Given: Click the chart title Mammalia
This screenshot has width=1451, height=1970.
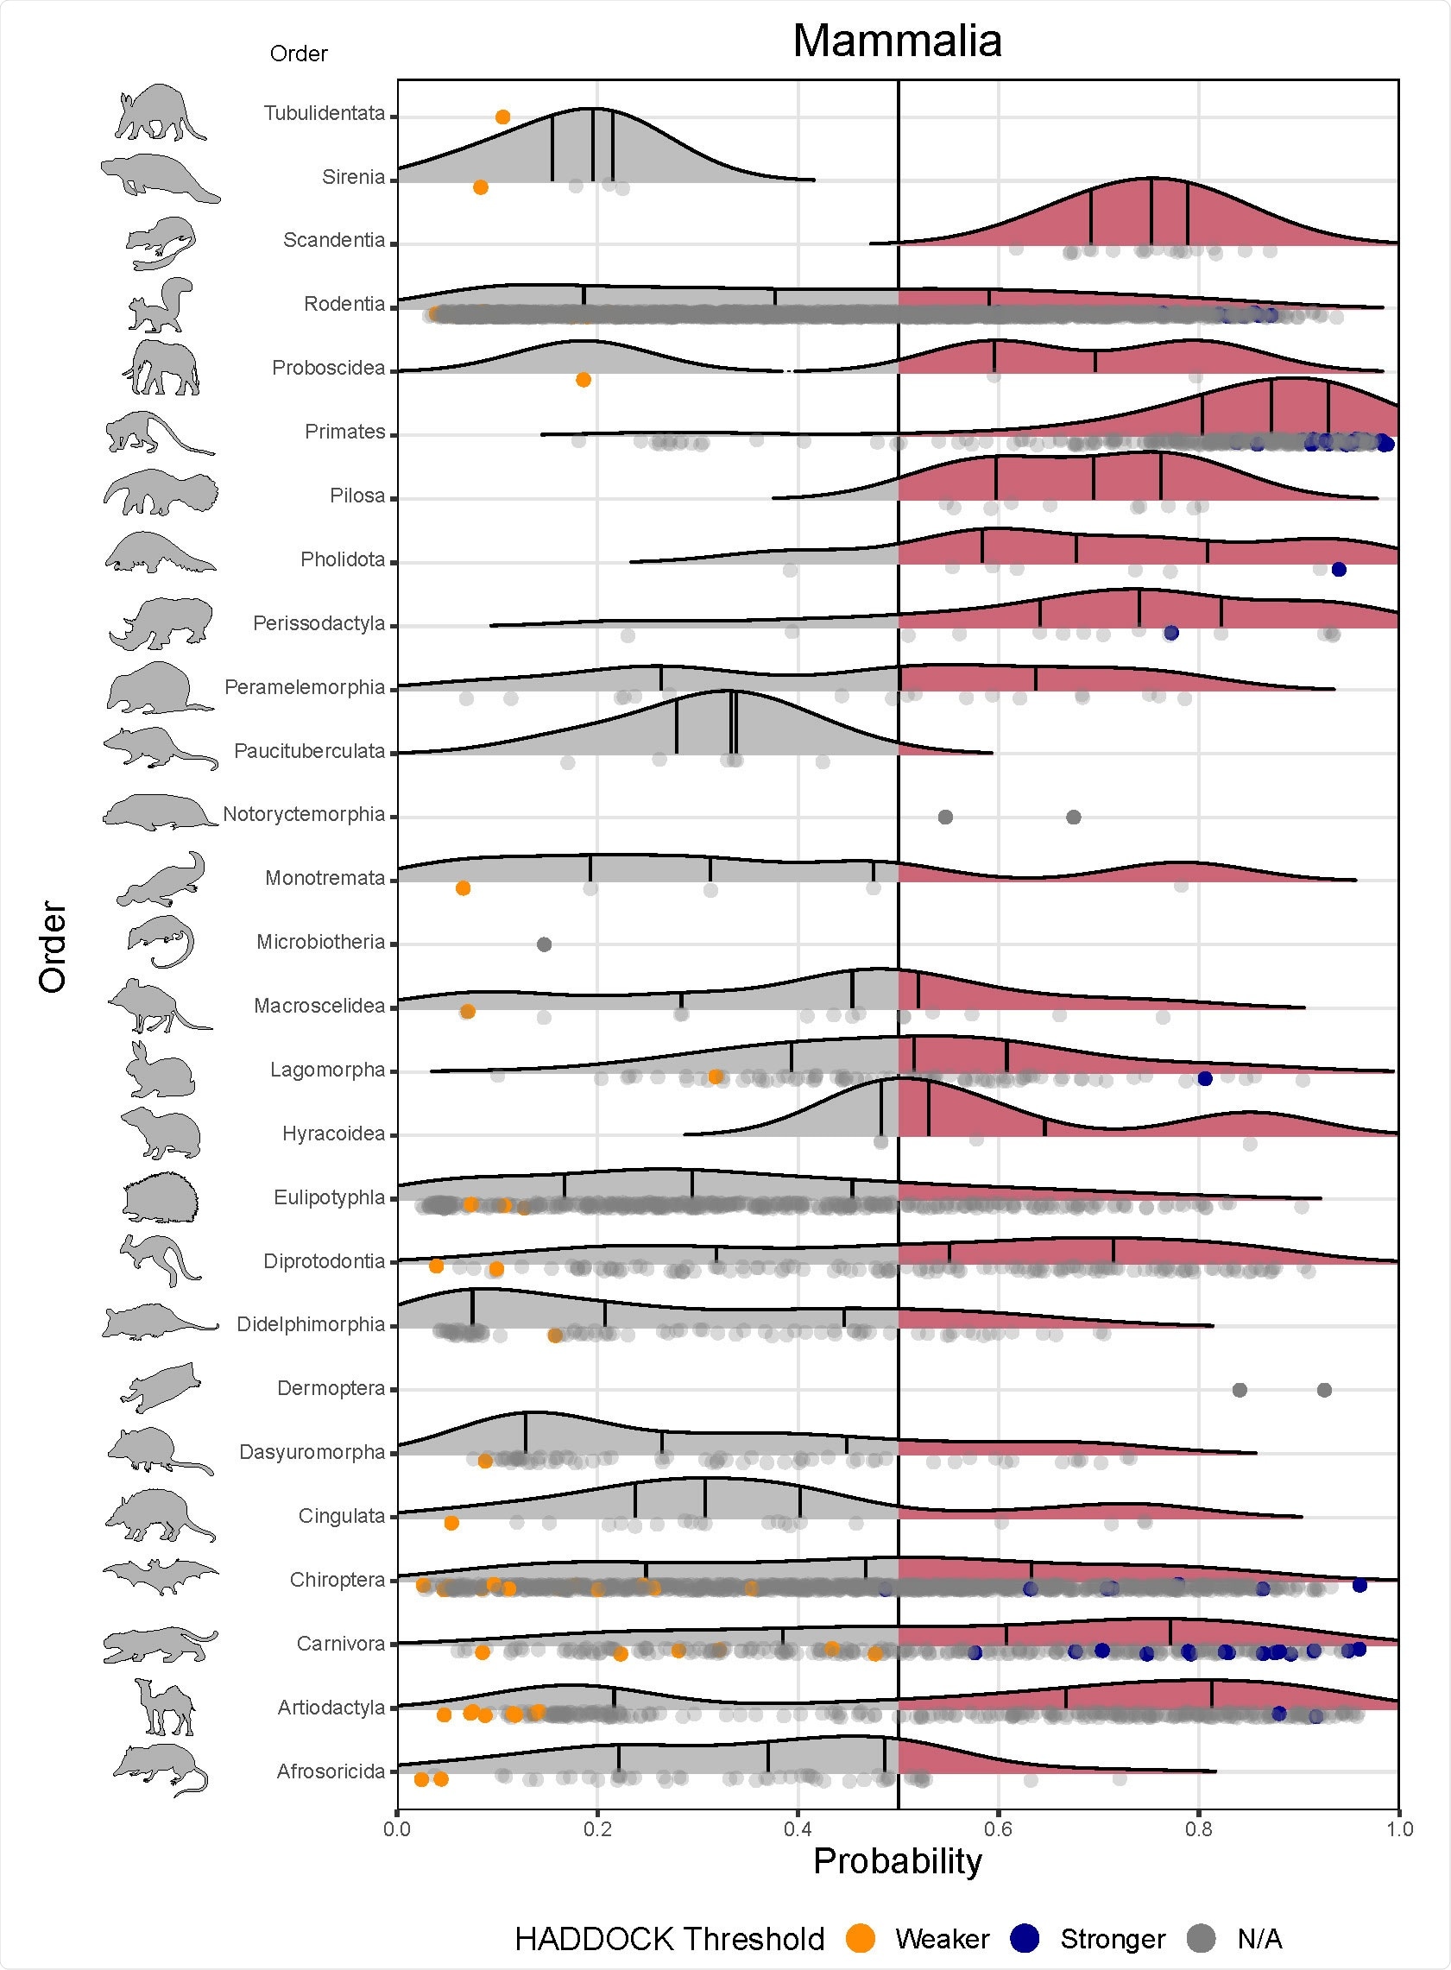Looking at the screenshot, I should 897,41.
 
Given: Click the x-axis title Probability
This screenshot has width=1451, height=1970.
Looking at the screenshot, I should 897,1860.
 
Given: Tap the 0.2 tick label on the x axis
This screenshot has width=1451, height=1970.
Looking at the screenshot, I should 597,1829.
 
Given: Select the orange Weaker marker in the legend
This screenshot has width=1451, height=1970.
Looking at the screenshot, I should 861,1938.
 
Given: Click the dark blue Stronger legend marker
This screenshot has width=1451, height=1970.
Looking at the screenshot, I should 1025,1938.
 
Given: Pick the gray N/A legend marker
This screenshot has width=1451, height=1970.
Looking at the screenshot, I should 1201,1938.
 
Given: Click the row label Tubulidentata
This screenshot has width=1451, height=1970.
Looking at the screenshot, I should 324,113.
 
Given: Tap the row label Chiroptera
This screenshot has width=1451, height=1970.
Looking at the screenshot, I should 338,1580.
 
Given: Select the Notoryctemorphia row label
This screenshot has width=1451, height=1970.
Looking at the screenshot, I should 304,814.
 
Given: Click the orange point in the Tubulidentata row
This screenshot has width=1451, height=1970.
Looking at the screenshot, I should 502,117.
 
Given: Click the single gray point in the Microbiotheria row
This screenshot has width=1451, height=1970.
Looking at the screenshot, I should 544,944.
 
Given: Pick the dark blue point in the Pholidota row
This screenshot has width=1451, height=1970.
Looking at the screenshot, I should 1339,570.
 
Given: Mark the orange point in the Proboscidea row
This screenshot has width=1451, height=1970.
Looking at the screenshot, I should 584,380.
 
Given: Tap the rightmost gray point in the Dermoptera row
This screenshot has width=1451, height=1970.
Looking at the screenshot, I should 1324,1390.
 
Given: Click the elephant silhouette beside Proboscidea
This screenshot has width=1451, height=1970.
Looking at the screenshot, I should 161,367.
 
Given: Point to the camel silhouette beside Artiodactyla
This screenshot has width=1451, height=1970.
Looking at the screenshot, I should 164,1707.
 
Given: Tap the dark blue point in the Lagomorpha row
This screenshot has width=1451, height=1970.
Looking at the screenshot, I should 1205,1078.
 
